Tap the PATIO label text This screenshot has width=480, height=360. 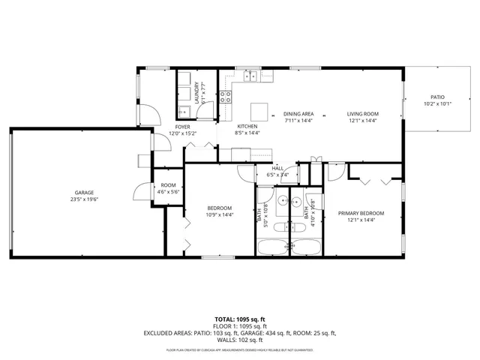pyautogui.click(x=436, y=97)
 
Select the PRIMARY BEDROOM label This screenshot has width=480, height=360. pyautogui.click(x=361, y=214)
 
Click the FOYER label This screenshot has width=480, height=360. pyautogui.click(x=182, y=127)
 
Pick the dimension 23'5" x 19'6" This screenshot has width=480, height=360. pyautogui.click(x=84, y=199)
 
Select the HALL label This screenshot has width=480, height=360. pyautogui.click(x=277, y=169)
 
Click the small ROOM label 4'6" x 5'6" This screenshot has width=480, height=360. pyautogui.click(x=168, y=185)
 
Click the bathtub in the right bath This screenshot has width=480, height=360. pyautogui.click(x=307, y=247)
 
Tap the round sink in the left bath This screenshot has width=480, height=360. pyautogui.click(x=280, y=201)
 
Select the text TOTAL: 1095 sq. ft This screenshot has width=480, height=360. pyautogui.click(x=239, y=319)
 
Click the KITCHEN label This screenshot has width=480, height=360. pyautogui.click(x=247, y=127)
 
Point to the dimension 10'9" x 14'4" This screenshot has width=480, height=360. pyautogui.click(x=220, y=214)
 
